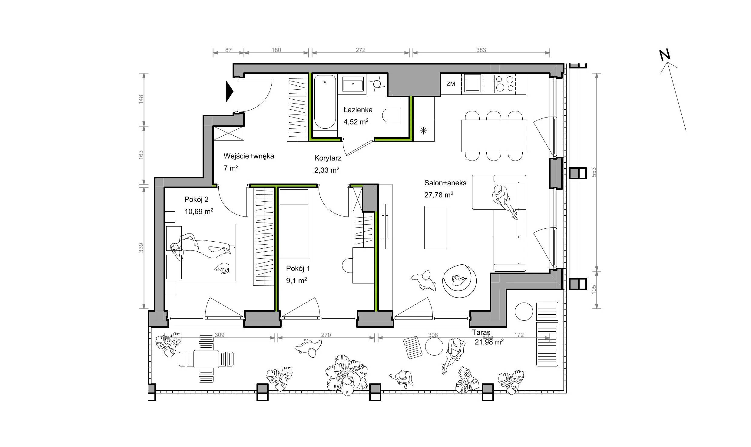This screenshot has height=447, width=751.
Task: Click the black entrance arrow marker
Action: click(229, 91)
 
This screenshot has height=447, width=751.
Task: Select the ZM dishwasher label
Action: click(451, 84)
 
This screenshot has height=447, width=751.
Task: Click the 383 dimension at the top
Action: click(481, 50)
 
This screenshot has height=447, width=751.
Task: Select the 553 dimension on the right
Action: click(594, 172)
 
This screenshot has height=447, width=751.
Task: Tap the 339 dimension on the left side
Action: click(141, 248)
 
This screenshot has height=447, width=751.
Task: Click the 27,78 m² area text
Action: click(438, 195)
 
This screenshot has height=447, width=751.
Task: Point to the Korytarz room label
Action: click(328, 158)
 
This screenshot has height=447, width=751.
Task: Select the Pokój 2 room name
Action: click(196, 200)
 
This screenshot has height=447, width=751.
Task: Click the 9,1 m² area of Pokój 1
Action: click(296, 281)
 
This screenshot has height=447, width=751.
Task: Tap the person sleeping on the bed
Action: click(202, 246)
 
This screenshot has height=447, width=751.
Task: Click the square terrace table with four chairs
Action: click(206, 359)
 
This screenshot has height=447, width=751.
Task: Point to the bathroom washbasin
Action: click(353, 84)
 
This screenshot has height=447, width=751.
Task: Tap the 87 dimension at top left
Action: click(228, 50)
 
